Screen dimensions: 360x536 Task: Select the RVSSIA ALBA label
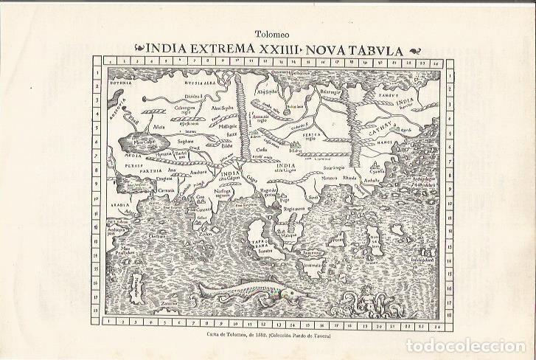click(x=189, y=85)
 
